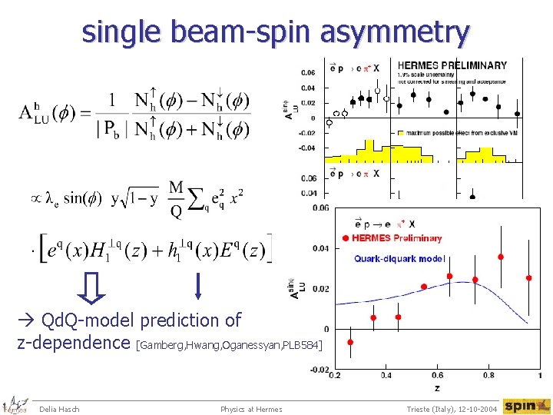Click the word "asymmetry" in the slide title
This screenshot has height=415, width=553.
pos(397,33)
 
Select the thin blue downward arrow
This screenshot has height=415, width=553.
pos(198,285)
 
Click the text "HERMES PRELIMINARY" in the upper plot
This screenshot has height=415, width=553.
pos(452,65)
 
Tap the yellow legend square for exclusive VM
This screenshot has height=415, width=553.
pos(400,133)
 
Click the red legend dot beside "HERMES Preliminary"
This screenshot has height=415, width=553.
pos(346,238)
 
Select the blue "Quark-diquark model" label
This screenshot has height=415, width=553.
pos(399,259)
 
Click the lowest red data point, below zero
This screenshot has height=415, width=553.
pos(350,342)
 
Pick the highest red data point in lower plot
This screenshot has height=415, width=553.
pos(500,257)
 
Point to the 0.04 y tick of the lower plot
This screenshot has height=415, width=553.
pos(321,248)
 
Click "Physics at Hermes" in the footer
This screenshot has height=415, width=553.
pos(251,409)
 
